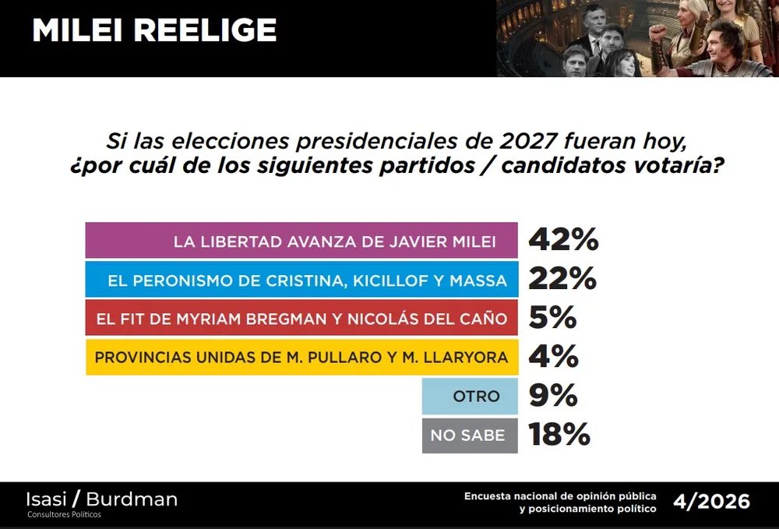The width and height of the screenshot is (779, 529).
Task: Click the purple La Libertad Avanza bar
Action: (x=301, y=241)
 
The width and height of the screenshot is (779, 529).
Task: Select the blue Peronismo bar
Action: (x=301, y=280)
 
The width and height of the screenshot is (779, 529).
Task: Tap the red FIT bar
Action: (x=301, y=319)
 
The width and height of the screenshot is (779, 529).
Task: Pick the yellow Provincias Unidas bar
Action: (x=301, y=358)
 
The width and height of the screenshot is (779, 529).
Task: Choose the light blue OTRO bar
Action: (x=470, y=397)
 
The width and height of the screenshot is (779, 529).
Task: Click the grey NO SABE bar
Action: (x=470, y=436)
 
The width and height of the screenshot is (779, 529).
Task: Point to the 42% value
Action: (x=563, y=241)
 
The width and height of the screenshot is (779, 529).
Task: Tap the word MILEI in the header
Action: (x=78, y=30)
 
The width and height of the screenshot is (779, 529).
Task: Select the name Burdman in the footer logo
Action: (x=132, y=499)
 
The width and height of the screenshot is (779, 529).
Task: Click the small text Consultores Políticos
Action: (x=64, y=514)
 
